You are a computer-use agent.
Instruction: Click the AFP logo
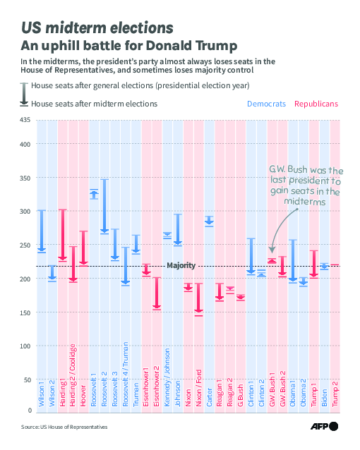pos(324,426)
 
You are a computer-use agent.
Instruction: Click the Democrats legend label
pos(266,104)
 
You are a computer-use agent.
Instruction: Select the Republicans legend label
pos(316,104)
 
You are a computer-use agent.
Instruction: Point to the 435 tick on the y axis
pos(25,120)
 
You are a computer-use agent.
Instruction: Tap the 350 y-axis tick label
pos(25,178)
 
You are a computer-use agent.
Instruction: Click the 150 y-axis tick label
pos(25,312)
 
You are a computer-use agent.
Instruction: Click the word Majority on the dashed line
pos(181,265)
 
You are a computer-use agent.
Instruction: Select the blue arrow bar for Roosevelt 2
pos(104,207)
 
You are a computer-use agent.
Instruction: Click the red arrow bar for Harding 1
pos(63,236)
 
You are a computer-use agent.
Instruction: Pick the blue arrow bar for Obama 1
pos(293,261)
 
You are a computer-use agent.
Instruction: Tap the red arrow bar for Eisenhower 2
pos(157,293)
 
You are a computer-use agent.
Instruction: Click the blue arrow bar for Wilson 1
pos(42,231)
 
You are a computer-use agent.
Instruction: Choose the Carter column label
pos(209,398)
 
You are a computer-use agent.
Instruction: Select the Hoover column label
pos(83,396)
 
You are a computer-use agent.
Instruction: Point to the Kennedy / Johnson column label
pos(167,377)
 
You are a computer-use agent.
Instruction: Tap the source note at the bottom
pos(64,427)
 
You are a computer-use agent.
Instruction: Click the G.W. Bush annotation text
pos(306,185)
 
